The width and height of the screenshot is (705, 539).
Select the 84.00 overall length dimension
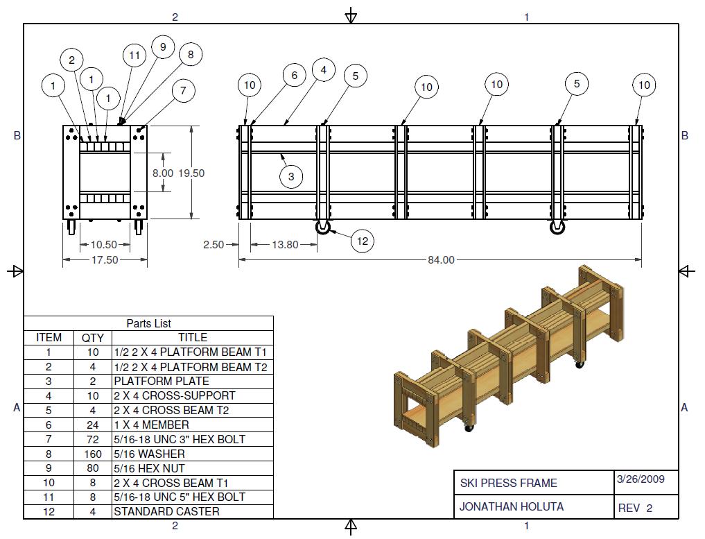click(x=441, y=260)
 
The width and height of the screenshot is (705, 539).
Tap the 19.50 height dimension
click(x=191, y=173)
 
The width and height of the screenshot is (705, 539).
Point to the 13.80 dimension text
click(x=286, y=244)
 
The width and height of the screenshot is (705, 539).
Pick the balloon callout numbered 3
click(x=291, y=176)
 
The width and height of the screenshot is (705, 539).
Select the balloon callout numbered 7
click(x=183, y=91)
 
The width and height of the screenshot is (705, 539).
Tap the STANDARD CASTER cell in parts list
click(x=166, y=511)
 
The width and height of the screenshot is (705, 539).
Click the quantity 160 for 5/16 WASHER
click(x=92, y=454)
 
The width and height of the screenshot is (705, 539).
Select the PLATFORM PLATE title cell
click(x=161, y=381)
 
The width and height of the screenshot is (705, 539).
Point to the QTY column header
click(x=92, y=337)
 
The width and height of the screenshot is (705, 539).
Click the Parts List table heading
click(x=148, y=323)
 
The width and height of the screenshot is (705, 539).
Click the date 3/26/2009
click(x=638, y=479)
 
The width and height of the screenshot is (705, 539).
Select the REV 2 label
click(x=635, y=508)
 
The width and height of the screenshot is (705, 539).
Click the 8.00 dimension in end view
click(x=162, y=173)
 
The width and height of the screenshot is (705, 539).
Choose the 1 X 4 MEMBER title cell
click(x=151, y=425)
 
